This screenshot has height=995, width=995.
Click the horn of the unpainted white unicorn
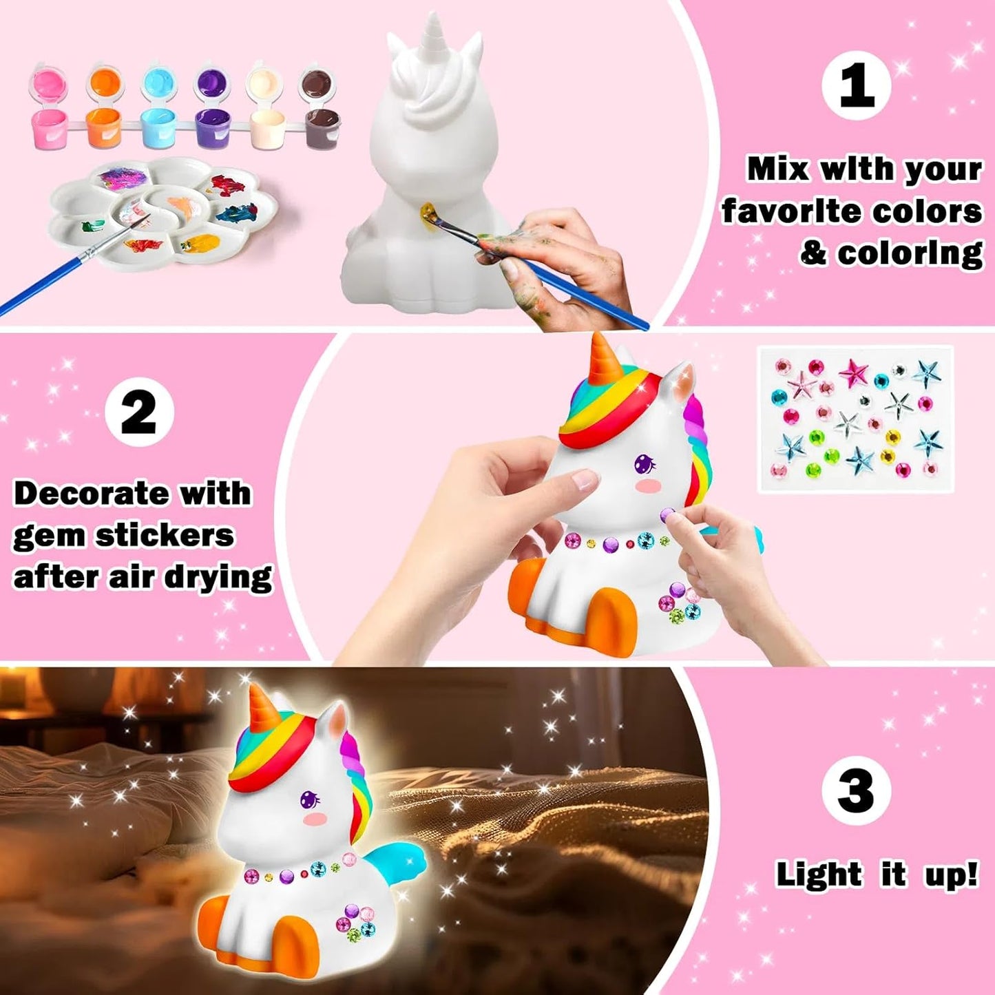click(434, 34)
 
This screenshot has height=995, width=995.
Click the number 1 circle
click(856, 85)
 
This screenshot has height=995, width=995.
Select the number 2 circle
click(139, 412)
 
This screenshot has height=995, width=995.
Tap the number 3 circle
click(856, 790)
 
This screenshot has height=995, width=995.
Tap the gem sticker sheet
click(855, 419)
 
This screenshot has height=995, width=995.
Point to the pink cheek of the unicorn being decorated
click(650, 486)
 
